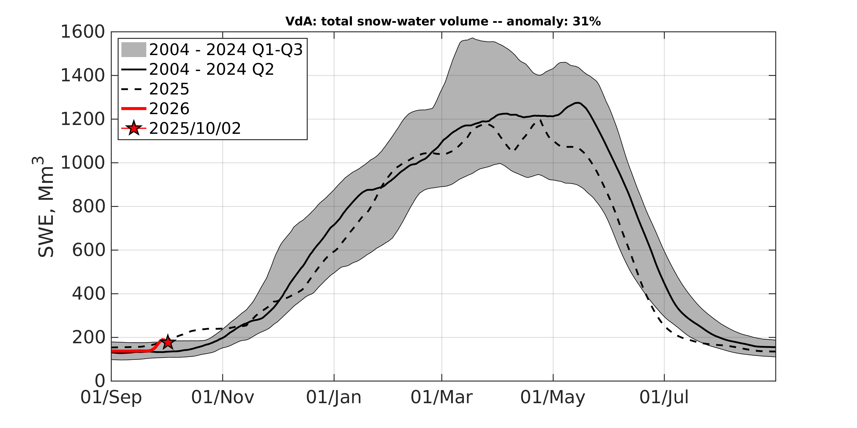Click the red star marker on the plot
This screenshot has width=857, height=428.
pos(168,342)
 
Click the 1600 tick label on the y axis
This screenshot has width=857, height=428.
pos(83,32)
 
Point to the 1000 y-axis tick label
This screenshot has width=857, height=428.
pos(83,163)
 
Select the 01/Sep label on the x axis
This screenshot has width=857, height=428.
pos(111,397)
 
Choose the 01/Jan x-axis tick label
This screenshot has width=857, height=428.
pos(334,397)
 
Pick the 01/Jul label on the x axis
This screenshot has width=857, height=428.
pos(664,397)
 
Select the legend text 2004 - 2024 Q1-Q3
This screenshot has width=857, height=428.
pos(226,50)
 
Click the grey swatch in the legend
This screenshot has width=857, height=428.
pos(133,50)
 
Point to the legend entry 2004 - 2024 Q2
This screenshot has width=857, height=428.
pos(212,69)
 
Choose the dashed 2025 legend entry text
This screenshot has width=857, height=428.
pos(169,89)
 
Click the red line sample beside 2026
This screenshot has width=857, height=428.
pos(133,109)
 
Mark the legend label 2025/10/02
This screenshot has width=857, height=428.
pos(195,128)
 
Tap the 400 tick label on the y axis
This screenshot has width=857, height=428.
pos(89,294)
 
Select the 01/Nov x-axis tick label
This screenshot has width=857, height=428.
pos(223,397)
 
